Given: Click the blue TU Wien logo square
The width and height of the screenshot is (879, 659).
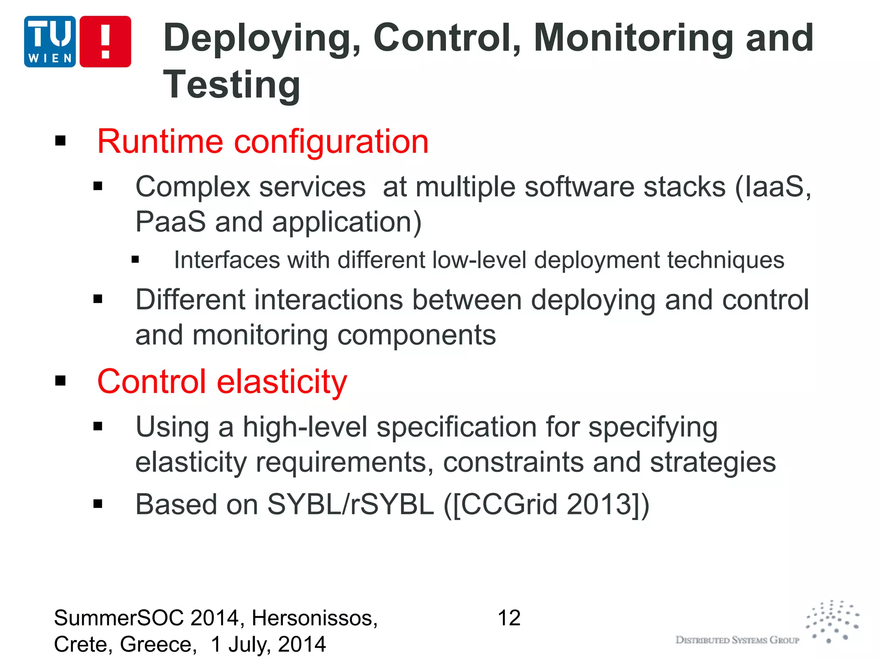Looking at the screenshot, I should pos(50,42).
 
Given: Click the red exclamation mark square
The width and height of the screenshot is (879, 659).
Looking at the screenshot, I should pos(106,42).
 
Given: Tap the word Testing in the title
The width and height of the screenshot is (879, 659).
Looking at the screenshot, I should pos(232,85).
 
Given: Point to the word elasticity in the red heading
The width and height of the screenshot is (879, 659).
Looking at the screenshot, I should pos(282,382).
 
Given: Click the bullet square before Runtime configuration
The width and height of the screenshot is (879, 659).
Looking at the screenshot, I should pos(61,141).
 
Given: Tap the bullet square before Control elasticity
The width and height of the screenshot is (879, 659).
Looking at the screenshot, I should pos(61,381).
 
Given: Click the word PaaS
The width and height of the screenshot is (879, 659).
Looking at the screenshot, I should pos(170,222).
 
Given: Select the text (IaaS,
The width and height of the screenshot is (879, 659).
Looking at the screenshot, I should pos(773,187).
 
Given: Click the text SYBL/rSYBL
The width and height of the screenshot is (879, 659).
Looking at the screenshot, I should pos(350,504).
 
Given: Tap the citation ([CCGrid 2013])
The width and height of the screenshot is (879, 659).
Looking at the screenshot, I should pos(546,504).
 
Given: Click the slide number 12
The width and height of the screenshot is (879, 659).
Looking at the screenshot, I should pos(509,618).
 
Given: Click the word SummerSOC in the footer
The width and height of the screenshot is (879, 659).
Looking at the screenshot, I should pos(118,618).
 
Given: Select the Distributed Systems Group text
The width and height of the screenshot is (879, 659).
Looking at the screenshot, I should pos(737,640).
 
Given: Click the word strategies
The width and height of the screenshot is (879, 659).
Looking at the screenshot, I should pos(713,463).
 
